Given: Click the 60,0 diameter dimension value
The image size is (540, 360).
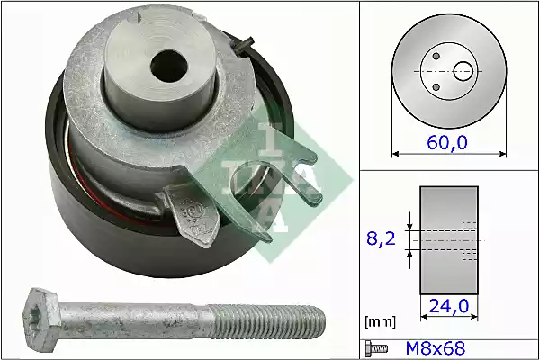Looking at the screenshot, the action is (x=447, y=142).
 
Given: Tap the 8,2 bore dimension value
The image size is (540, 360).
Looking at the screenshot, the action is (x=381, y=238).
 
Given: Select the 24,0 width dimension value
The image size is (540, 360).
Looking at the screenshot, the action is (x=449, y=306).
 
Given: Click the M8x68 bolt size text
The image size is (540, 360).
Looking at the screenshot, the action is (x=436, y=348).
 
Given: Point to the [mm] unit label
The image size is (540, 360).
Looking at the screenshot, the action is (x=380, y=322).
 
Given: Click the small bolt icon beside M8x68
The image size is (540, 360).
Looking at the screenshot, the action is (x=376, y=348).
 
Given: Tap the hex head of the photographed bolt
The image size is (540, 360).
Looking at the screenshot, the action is (x=41, y=319).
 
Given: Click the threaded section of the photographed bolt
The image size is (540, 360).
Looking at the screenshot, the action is (x=267, y=321).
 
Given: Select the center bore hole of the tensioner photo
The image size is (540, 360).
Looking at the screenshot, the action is (x=169, y=66).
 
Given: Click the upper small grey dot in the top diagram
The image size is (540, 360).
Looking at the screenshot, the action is (x=436, y=56).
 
